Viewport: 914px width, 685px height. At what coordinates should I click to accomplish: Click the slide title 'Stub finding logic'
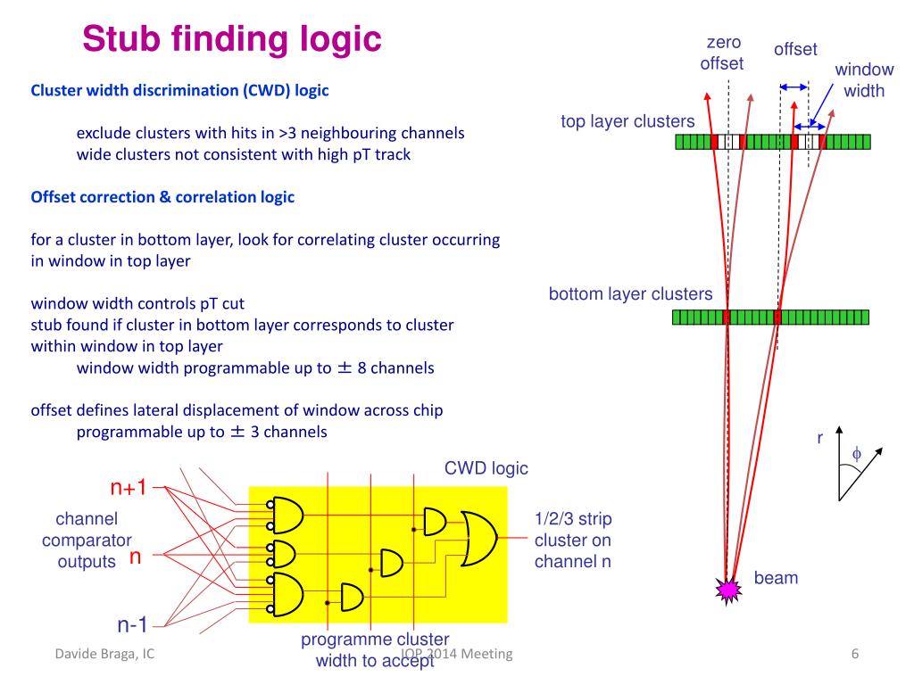[x=232, y=38]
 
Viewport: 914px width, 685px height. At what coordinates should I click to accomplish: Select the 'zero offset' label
[x=722, y=53]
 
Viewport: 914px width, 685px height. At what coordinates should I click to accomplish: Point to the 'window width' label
[x=864, y=80]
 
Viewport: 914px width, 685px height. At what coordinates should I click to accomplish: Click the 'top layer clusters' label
[x=627, y=121]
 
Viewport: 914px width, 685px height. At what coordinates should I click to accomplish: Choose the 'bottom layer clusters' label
[x=630, y=294]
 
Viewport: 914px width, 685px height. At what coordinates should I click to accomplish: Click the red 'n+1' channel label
[x=128, y=487]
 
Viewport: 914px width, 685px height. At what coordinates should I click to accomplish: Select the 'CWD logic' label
[x=486, y=468]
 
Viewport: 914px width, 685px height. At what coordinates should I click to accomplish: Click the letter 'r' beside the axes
[x=820, y=438]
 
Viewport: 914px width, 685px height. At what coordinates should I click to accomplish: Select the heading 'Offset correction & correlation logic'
[x=162, y=197]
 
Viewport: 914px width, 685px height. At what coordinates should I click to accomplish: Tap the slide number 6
[x=854, y=655]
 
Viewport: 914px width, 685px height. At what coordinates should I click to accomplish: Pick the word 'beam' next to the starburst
[x=776, y=578]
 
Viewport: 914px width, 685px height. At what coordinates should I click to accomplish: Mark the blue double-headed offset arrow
[x=794, y=87]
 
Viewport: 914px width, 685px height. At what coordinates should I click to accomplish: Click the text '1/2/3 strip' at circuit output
[x=573, y=519]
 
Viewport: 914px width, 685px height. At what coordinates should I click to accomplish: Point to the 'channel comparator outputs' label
[x=87, y=540]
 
